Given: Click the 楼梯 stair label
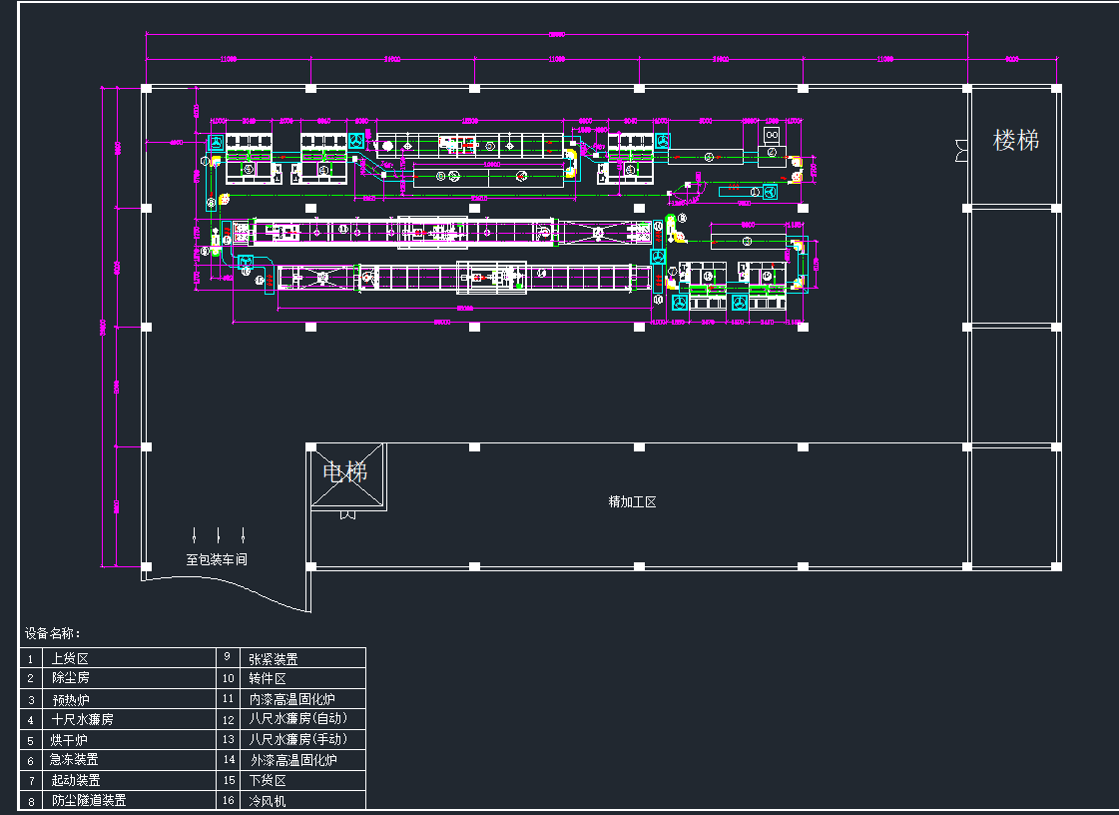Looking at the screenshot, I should pyautogui.click(x=1015, y=141).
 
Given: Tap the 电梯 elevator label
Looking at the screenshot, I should pyautogui.click(x=344, y=471).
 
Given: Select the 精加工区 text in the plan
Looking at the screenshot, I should pyautogui.click(x=632, y=501).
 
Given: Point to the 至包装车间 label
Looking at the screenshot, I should pyautogui.click(x=216, y=560).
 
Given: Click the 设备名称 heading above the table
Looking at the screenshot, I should pyautogui.click(x=53, y=633).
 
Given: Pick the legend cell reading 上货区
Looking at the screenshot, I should pyautogui.click(x=70, y=659).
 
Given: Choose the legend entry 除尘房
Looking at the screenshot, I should pyautogui.click(x=71, y=678).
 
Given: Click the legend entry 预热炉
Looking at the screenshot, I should pyautogui.click(x=71, y=699).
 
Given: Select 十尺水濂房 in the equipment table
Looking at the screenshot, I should pyautogui.click(x=82, y=719).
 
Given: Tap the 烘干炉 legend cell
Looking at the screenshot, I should pyautogui.click(x=70, y=740).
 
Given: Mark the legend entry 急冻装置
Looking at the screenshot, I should pyautogui.click(x=75, y=760).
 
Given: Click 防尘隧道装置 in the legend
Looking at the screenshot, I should pyautogui.click(x=89, y=801).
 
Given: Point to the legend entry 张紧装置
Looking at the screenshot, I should pyautogui.click(x=273, y=659).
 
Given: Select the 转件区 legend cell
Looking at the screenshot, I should pyautogui.click(x=267, y=679).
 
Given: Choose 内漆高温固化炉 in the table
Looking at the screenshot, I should pyautogui.click(x=291, y=699).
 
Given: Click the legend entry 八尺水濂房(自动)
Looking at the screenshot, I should pyautogui.click(x=297, y=718).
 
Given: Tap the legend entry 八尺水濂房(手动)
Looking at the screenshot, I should pyautogui.click(x=297, y=739).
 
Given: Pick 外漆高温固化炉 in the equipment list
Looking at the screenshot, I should pyautogui.click(x=293, y=760).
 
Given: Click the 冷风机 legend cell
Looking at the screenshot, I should pyautogui.click(x=267, y=801).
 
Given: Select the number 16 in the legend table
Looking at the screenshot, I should pyautogui.click(x=228, y=801).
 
